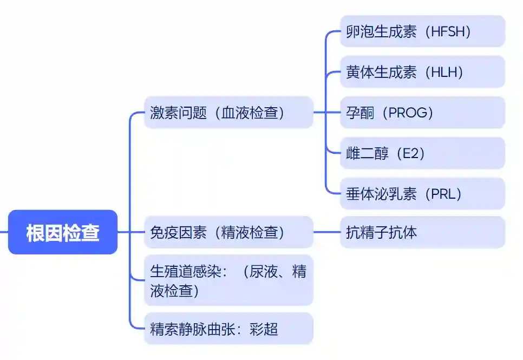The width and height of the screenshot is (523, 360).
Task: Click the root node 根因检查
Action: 63,232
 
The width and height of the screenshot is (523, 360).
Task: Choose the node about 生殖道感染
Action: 228,280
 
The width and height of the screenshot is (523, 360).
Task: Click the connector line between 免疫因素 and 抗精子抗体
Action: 326,232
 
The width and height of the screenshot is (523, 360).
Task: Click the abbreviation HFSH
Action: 448,31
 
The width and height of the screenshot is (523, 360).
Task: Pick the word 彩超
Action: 264,328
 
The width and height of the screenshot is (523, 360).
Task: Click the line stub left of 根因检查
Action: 4,232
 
